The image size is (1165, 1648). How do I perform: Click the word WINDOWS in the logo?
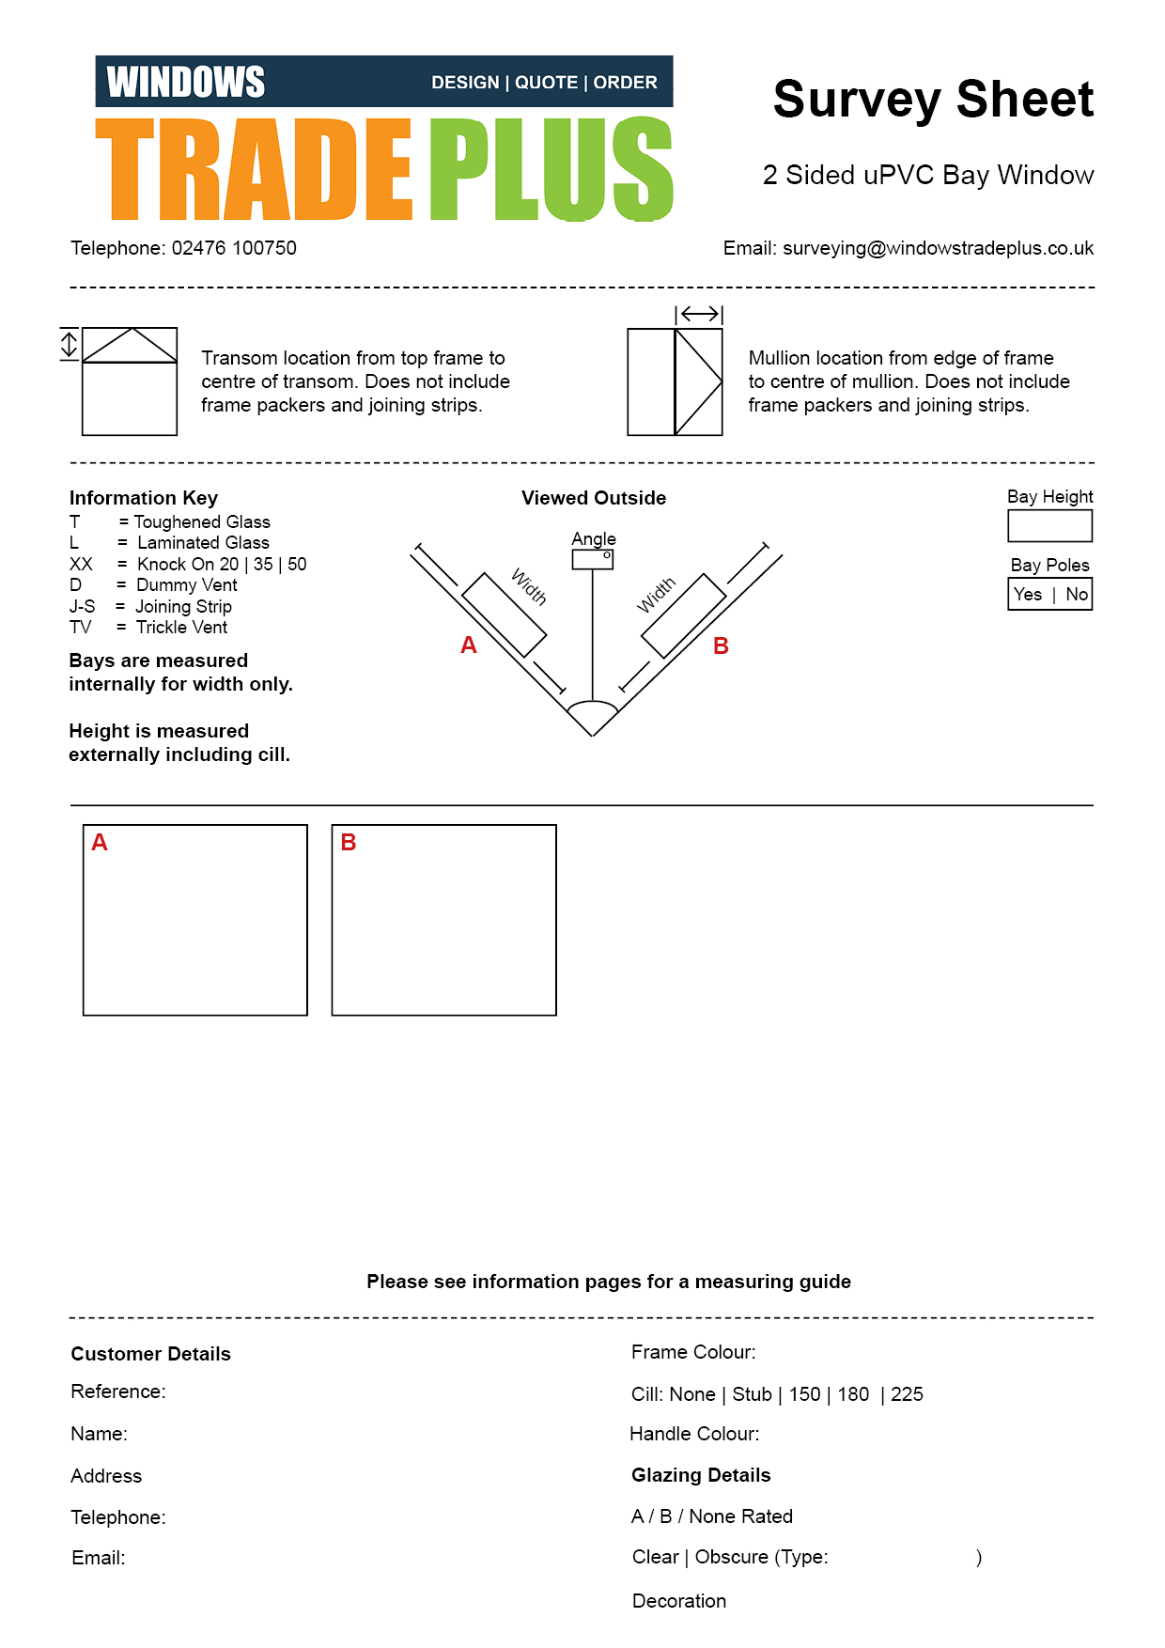click(186, 83)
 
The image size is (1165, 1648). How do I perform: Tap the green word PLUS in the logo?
click(551, 169)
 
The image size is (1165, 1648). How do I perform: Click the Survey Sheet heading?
click(933, 100)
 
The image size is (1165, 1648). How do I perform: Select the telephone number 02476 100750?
click(234, 248)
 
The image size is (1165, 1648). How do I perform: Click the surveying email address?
click(938, 248)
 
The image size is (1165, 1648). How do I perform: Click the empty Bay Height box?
click(1049, 526)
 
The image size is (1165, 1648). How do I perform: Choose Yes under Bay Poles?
click(1028, 595)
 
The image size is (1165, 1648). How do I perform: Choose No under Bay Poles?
click(1077, 595)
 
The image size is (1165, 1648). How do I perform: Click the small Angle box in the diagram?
click(593, 559)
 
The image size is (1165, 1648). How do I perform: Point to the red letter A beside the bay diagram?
click(469, 645)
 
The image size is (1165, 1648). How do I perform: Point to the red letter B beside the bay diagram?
click(721, 646)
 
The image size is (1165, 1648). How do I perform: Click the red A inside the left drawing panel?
click(100, 843)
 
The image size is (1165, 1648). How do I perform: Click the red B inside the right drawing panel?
click(349, 843)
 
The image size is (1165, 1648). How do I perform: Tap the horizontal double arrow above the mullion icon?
click(699, 314)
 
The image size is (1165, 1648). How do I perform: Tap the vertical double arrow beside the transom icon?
click(69, 344)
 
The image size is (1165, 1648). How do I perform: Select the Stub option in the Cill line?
click(752, 1394)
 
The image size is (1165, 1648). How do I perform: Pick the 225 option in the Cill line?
click(907, 1394)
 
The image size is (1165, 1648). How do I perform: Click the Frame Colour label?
click(693, 1352)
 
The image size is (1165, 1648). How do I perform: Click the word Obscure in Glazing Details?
click(731, 1557)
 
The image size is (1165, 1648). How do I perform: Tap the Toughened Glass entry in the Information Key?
click(201, 522)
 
